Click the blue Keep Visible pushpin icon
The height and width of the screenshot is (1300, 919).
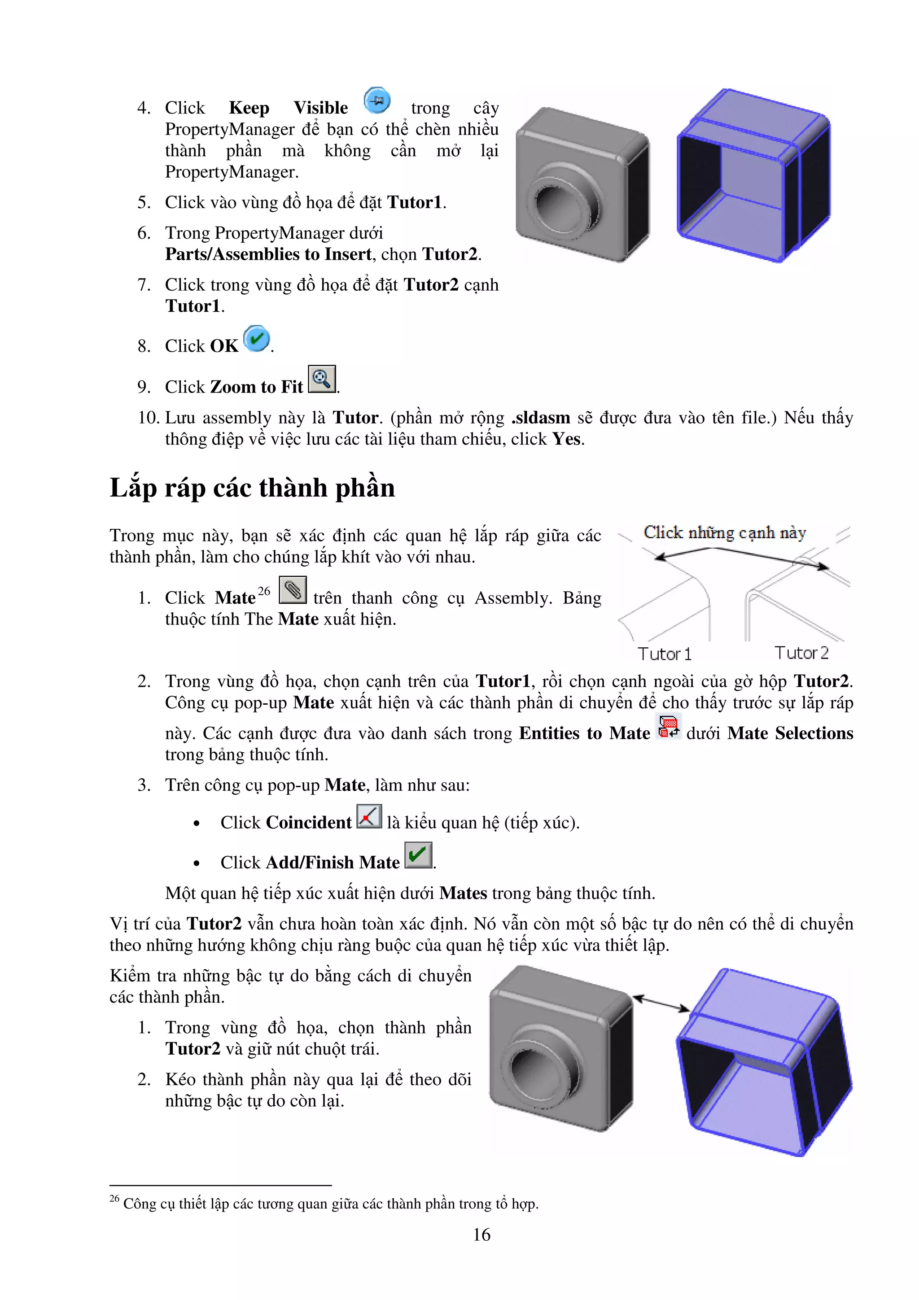point(376,101)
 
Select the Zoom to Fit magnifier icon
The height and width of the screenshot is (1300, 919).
point(322,379)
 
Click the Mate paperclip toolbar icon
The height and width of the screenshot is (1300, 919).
point(293,590)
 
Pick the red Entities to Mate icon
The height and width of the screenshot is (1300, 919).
point(668,726)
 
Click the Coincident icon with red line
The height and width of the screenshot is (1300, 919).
point(369,817)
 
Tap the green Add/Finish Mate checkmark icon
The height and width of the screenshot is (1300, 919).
point(418,855)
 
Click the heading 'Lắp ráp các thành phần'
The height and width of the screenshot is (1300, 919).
point(252,488)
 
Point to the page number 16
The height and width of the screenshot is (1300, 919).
point(481,1235)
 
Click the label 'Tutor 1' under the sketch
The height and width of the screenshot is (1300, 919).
point(664,654)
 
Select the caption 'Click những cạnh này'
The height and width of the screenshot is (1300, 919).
point(725,533)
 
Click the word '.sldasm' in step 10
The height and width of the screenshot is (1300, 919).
point(541,418)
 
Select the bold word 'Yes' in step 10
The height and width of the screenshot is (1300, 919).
point(567,439)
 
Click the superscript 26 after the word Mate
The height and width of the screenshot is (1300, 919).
point(264,591)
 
